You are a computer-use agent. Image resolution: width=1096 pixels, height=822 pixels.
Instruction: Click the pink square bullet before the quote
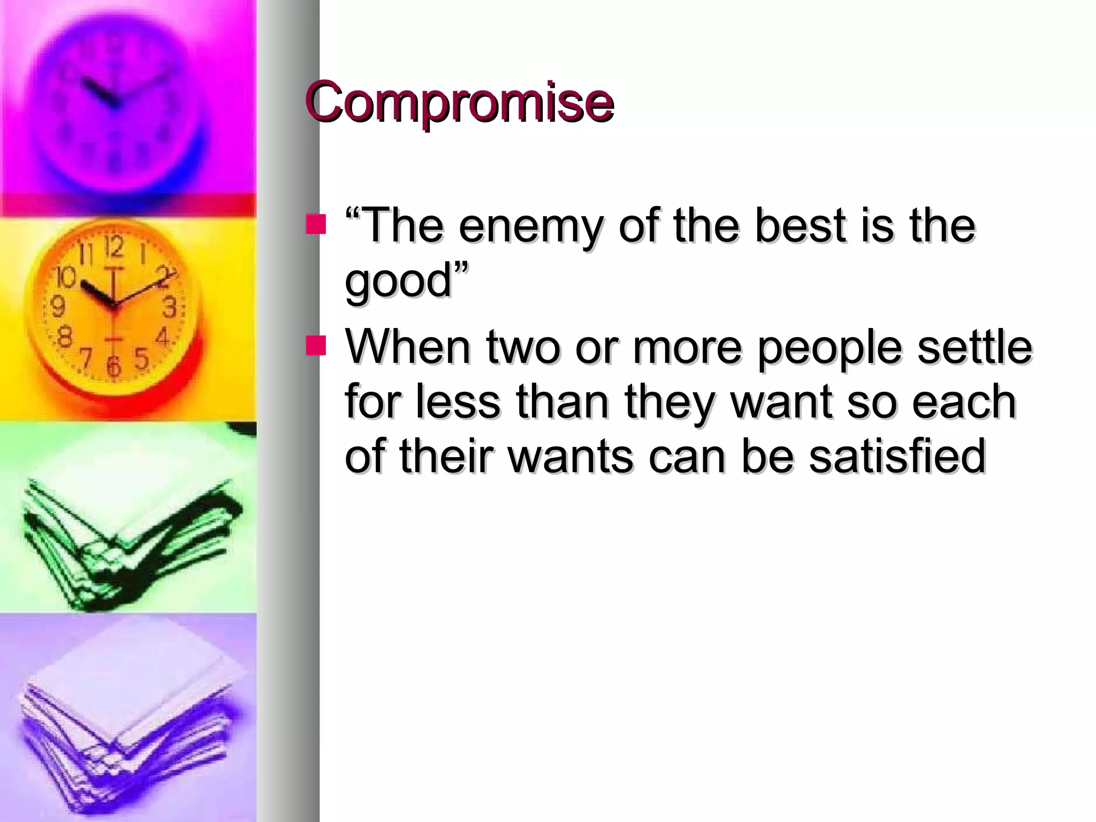pos(316,225)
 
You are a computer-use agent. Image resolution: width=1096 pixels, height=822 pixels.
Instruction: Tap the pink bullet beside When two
pos(316,346)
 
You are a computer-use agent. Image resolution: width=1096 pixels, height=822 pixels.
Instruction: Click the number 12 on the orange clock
pos(114,247)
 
